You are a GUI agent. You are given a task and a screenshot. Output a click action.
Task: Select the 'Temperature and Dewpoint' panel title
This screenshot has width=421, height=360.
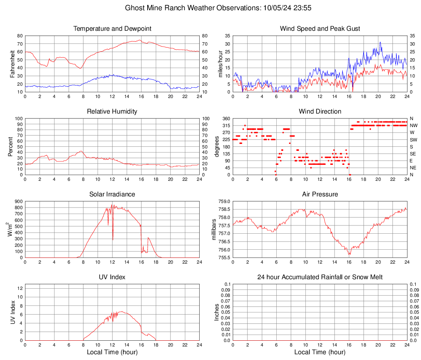tap(112, 29)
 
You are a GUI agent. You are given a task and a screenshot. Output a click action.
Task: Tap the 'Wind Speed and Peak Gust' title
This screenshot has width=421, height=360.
tap(320, 29)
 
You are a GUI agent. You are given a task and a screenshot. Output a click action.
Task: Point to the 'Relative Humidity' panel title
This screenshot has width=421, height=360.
tap(112, 112)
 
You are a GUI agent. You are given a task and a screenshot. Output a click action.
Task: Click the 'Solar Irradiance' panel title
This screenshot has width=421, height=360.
tap(112, 194)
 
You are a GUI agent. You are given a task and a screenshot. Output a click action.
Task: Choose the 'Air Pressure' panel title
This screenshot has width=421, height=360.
tap(320, 194)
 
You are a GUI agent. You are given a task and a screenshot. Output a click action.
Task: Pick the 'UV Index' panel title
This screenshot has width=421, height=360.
tap(112, 277)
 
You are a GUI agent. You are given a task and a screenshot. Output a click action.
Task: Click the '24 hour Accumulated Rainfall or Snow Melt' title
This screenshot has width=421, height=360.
tap(320, 277)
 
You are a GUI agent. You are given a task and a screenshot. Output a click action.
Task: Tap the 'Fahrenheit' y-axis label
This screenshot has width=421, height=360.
tap(12, 64)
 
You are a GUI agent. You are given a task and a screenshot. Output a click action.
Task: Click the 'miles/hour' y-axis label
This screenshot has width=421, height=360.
tap(220, 64)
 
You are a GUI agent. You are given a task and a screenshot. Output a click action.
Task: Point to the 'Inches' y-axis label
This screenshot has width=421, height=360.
tap(217, 312)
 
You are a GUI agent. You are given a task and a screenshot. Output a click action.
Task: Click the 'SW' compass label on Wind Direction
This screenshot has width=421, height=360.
tap(413, 139)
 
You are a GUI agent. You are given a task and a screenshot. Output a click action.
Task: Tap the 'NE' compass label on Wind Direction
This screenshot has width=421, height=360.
tap(413, 168)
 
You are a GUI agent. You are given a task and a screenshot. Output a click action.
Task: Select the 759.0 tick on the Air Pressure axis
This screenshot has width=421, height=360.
tap(224, 201)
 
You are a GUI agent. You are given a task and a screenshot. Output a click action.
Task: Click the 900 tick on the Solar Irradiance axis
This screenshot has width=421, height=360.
tap(18, 201)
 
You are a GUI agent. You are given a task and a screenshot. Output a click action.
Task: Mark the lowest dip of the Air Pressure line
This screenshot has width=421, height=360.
tap(349, 255)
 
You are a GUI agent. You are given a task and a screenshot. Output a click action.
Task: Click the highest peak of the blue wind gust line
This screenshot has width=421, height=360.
tap(380, 42)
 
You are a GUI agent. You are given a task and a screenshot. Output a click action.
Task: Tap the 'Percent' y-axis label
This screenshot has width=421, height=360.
tap(11, 146)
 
